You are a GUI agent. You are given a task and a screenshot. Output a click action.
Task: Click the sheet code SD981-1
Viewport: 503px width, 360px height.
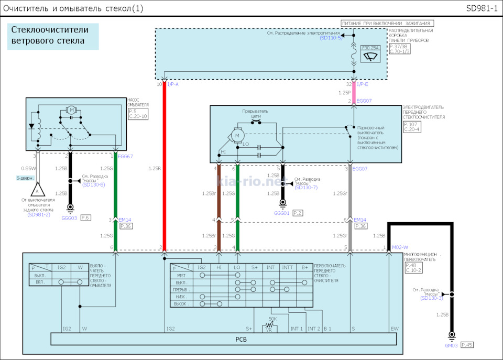point(482,8)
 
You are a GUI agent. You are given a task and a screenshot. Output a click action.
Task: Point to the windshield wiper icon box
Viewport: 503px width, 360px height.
point(371,57)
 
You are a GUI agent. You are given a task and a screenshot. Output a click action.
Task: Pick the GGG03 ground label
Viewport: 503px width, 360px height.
point(70,217)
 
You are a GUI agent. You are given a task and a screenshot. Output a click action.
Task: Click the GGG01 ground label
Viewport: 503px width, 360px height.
point(281,213)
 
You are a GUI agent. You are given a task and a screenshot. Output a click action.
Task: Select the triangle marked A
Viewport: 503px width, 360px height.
point(37,191)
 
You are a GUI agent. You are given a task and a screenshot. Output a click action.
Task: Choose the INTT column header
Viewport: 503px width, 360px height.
point(287,267)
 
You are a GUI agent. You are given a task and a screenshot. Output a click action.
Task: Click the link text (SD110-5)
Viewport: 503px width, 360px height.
point(331,38)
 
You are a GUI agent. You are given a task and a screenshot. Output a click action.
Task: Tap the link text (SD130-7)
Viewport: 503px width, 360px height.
point(306,187)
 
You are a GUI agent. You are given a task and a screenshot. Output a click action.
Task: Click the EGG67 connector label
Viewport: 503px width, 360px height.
point(125,157)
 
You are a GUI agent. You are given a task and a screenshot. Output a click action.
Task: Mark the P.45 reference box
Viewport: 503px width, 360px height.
point(467,345)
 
